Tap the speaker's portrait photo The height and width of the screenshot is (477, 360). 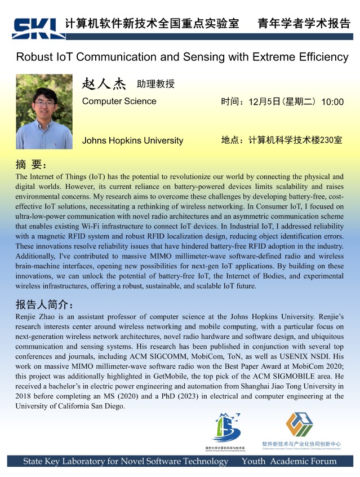[x=45, y=112]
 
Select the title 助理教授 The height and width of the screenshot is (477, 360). [x=155, y=85]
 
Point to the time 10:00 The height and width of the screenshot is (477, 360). [x=332, y=102]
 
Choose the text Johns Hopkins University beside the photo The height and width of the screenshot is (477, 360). [x=132, y=140]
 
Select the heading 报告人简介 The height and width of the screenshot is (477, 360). [x=44, y=305]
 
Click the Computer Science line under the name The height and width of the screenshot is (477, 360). [x=119, y=101]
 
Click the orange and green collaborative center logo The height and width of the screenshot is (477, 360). [x=299, y=426]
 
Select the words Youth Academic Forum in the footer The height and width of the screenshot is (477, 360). [x=289, y=461]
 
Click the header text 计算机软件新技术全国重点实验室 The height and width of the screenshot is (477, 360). [x=152, y=24]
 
